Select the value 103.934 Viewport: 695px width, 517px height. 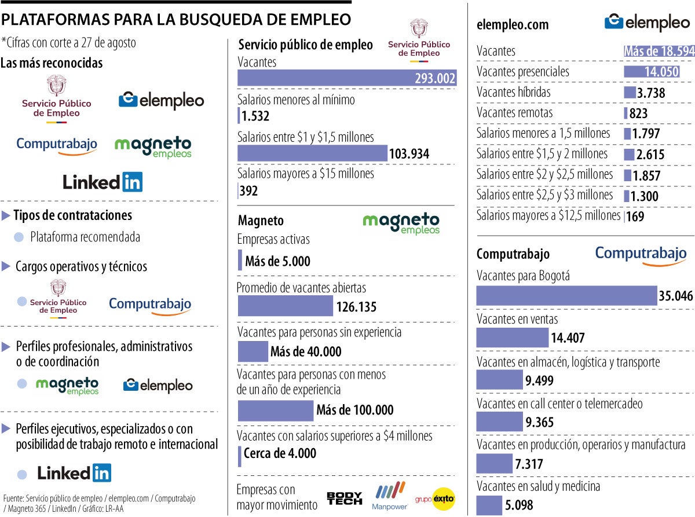(x=408, y=153)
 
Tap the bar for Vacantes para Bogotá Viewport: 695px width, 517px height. (x=566, y=296)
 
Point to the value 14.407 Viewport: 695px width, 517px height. (x=568, y=338)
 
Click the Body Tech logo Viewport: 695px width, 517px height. (x=345, y=498)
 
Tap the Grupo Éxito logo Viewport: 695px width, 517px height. (x=435, y=498)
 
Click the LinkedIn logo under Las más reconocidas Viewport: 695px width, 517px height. (x=103, y=182)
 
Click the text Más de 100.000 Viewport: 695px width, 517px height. (x=354, y=410)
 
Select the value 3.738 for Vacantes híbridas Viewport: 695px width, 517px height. (x=650, y=93)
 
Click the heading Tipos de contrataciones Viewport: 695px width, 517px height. (x=72, y=215)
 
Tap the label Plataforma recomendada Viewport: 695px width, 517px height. (x=85, y=237)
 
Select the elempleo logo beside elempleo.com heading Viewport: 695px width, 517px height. (x=646, y=23)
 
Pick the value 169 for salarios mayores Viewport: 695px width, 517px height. (x=635, y=217)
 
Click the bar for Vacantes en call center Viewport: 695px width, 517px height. (x=499, y=422)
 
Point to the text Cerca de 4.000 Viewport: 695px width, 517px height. (x=280, y=453)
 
